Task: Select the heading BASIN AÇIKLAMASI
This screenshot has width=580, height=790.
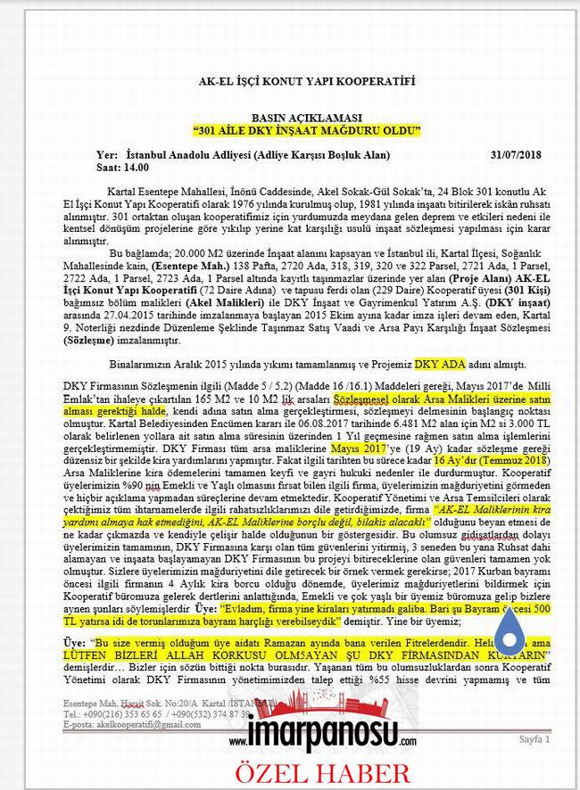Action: click(306, 118)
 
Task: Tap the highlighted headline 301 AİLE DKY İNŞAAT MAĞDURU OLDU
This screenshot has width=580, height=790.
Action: click(306, 131)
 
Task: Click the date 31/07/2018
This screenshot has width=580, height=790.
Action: click(516, 155)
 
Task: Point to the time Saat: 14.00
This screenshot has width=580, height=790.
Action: click(122, 167)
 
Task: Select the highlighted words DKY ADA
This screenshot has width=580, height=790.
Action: click(440, 365)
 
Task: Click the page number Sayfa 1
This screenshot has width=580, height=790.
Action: click(534, 739)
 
